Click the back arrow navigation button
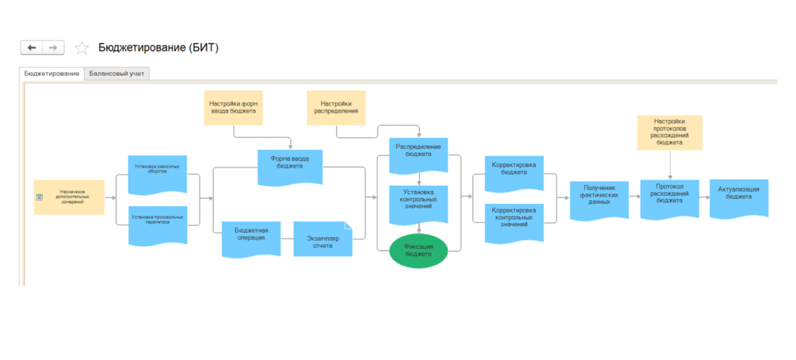pos(32,48)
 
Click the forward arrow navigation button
pos(53,48)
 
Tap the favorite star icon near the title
pos(82,48)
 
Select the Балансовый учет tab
pos(117,74)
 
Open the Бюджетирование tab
pos(51,74)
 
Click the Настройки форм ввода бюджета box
pos(233,108)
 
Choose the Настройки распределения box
pos(336,108)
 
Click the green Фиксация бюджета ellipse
pos(418,250)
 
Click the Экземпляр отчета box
pos(322,240)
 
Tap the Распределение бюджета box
pos(418,154)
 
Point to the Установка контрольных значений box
pos(418,203)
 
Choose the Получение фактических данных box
pos(599,198)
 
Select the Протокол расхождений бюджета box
pos(669,197)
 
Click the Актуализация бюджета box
pos(739,196)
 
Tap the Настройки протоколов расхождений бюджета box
pos(670,132)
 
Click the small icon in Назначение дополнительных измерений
pos(39,197)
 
